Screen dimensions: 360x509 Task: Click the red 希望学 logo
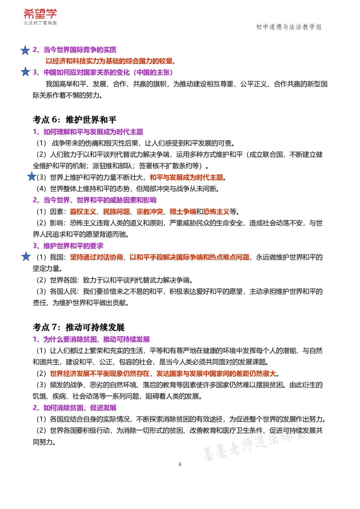[x=40, y=14]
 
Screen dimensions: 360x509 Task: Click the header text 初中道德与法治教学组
[x=288, y=27]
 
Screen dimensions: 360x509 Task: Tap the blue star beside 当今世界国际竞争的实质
[x=25, y=50]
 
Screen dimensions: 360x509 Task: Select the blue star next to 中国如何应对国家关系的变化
[x=25, y=72]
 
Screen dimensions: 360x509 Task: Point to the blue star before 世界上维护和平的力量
[x=31, y=177]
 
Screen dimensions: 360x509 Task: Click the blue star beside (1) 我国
[x=26, y=256]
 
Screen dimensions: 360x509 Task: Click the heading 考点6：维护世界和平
[x=74, y=120]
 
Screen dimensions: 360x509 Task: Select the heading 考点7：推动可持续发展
[x=79, y=327]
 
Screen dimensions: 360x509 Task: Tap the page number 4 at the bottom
[x=180, y=464]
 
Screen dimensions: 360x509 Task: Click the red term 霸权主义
[x=83, y=212]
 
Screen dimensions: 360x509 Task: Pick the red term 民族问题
[x=116, y=212]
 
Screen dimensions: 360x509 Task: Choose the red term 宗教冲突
[x=150, y=212]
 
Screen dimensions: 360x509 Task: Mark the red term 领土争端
[x=183, y=212]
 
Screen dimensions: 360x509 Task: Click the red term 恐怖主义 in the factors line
[x=216, y=212]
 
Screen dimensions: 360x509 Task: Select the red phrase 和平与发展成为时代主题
[x=186, y=178]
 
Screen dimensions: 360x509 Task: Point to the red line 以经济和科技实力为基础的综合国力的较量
[x=110, y=61]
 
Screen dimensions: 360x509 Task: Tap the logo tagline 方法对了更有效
[x=40, y=23]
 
